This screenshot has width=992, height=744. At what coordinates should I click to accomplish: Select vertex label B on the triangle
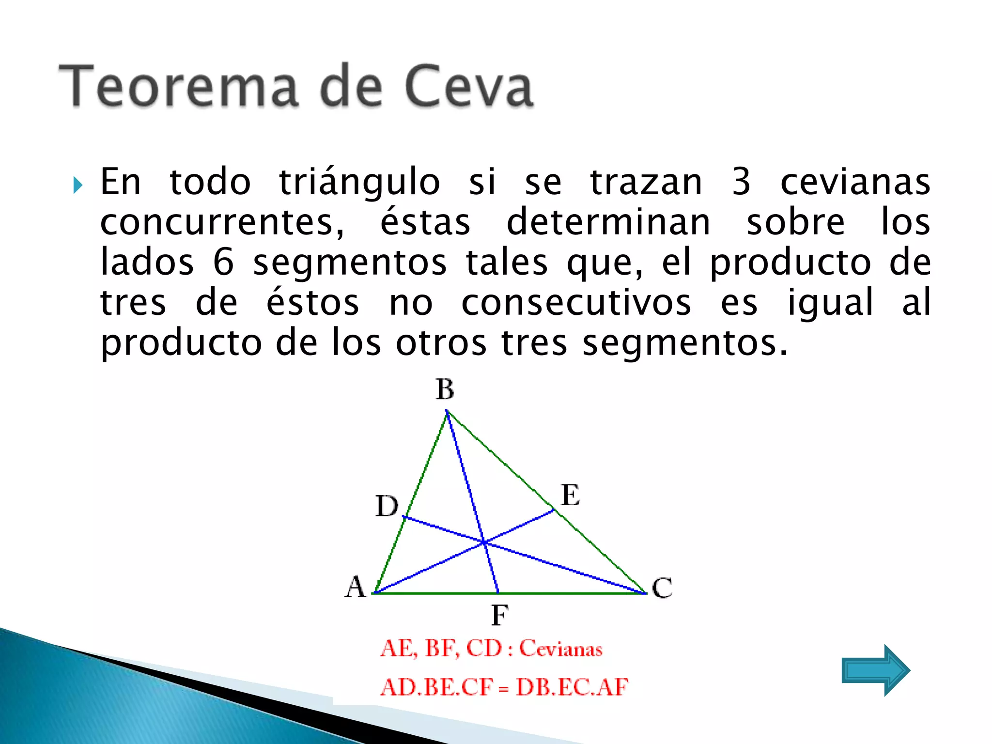pos(445,389)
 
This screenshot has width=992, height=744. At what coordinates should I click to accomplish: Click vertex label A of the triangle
pos(355,587)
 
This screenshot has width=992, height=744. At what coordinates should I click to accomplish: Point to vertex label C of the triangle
pos(662,588)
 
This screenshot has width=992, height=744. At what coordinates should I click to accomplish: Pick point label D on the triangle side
pos(387,506)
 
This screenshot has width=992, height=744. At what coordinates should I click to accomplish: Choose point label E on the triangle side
pos(570,495)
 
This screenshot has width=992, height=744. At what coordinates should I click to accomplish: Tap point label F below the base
pos(499,616)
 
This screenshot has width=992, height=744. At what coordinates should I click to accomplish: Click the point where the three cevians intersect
pos(484,542)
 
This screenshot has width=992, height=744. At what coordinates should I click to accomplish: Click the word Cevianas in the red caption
pos(560,649)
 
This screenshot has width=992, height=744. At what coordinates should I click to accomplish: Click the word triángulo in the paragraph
pos(359,183)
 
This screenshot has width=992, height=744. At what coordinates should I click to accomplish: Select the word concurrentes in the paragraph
pos(222,223)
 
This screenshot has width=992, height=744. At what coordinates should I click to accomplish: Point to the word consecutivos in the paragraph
pos(576,302)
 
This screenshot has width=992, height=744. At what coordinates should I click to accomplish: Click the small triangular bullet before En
pos(77,185)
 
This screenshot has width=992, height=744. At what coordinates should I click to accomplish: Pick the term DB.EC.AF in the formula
pos(572,687)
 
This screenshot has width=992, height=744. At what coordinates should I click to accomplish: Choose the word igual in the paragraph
pos(830,303)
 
